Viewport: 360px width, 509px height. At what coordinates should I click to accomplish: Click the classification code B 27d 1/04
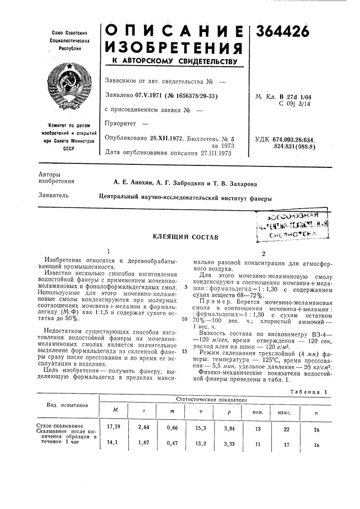click(x=309, y=96)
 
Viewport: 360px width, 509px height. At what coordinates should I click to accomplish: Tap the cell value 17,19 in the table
click(x=113, y=426)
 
